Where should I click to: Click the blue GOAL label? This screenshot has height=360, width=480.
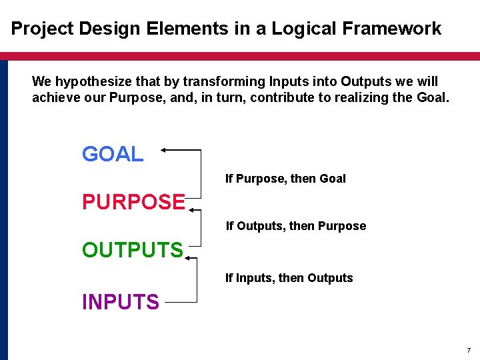click(x=112, y=154)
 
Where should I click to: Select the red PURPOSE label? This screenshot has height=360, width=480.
click(x=133, y=201)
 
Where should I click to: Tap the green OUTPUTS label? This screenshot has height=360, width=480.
click(x=132, y=250)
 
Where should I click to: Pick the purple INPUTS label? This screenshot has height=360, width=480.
click(x=120, y=302)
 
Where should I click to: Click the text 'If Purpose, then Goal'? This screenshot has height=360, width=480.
click(x=285, y=179)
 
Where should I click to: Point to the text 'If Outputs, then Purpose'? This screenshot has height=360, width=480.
click(x=295, y=226)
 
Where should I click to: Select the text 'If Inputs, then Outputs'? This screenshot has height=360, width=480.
click(x=289, y=278)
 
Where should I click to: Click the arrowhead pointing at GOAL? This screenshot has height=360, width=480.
click(x=165, y=151)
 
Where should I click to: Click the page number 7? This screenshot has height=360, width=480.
click(x=468, y=351)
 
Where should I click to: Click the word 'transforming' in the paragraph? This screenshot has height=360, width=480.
click(x=224, y=82)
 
